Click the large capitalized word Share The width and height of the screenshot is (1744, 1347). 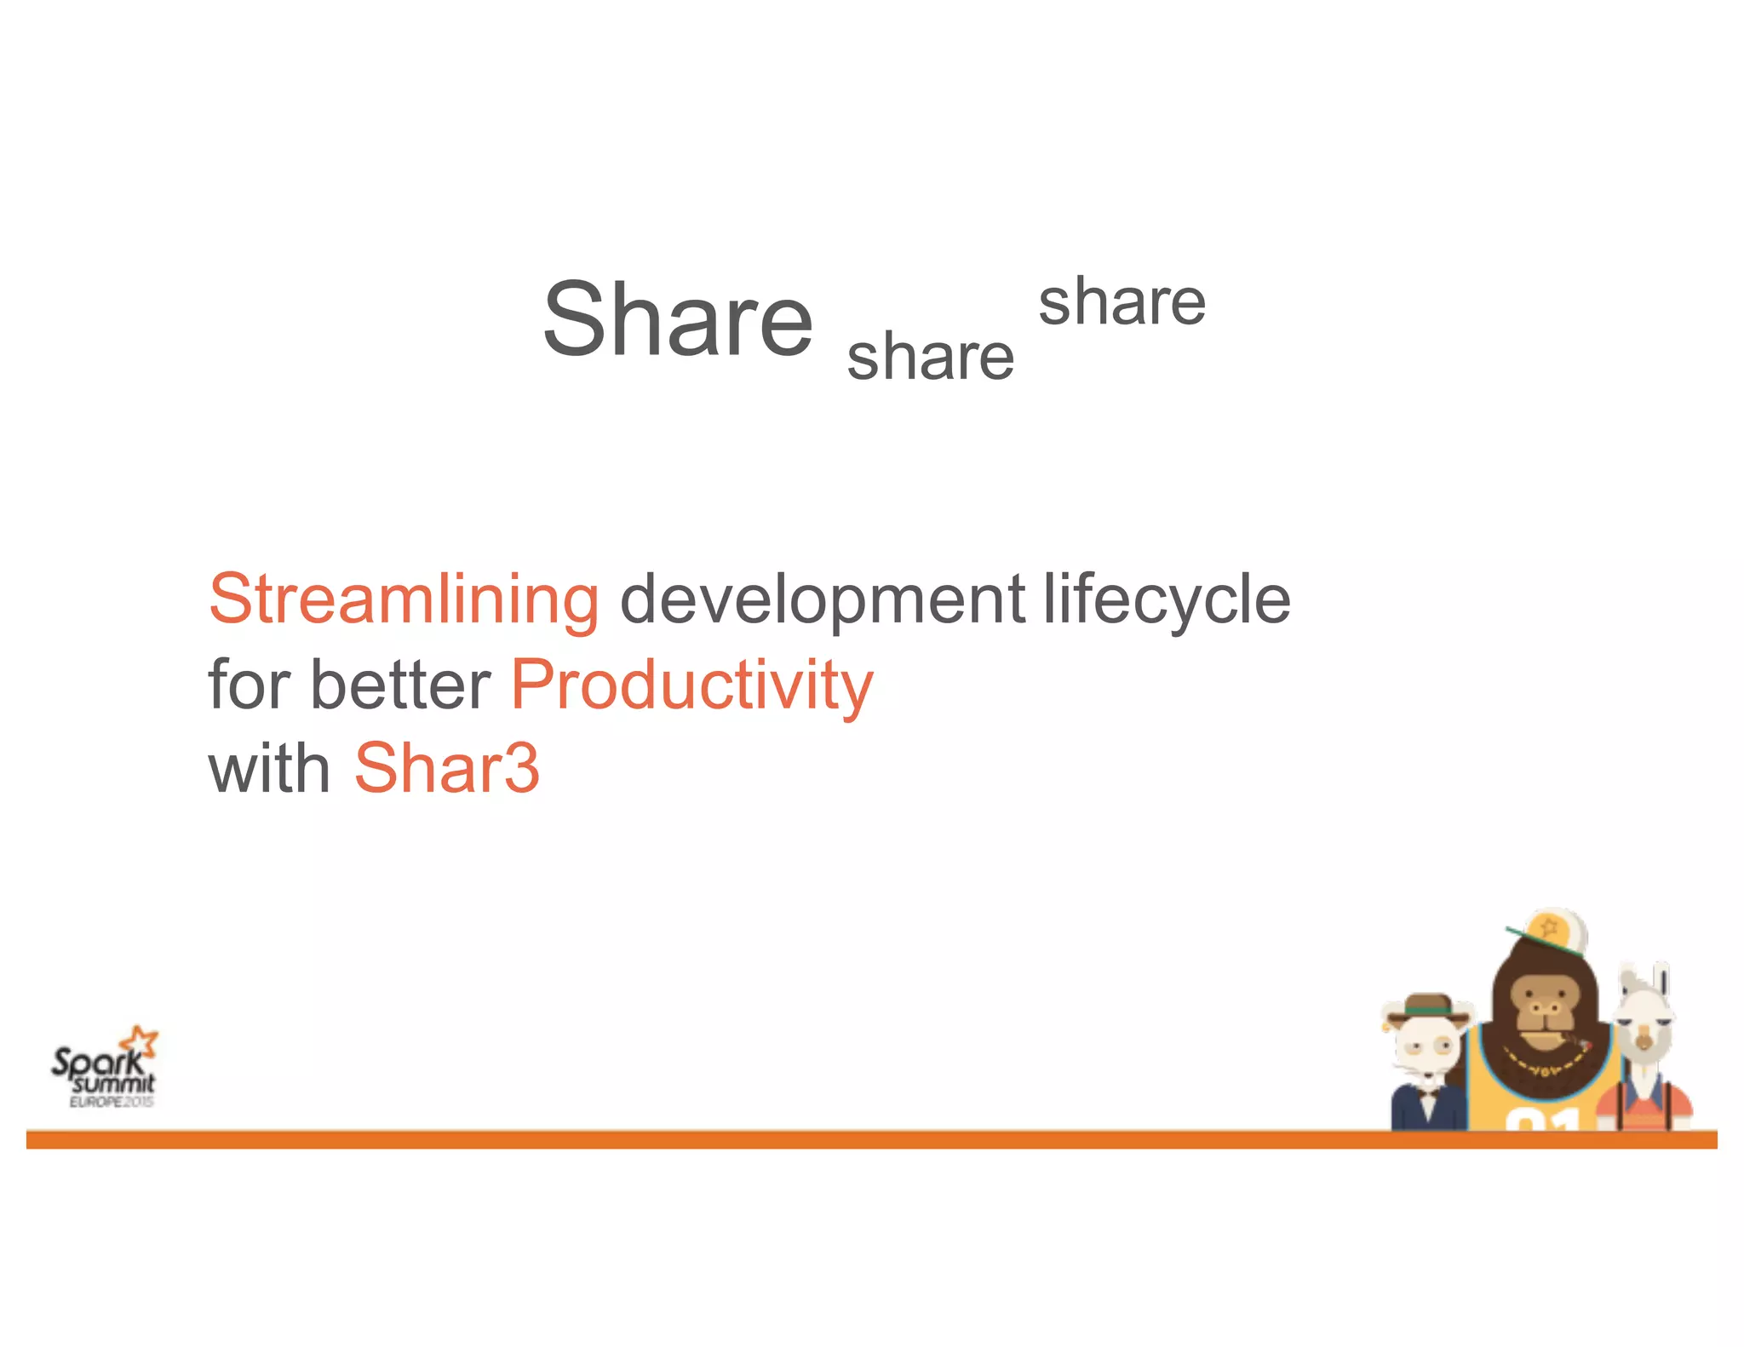pyautogui.click(x=678, y=319)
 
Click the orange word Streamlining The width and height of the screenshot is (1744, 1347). pyautogui.click(x=404, y=599)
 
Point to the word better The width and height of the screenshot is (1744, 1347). pyautogui.click(x=400, y=685)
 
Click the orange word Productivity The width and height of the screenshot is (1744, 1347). pyautogui.click(x=691, y=686)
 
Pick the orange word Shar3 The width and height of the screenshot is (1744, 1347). pyautogui.click(x=447, y=768)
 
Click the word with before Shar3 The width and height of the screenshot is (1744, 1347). pyautogui.click(x=269, y=768)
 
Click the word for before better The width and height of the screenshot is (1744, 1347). pyautogui.click(x=249, y=685)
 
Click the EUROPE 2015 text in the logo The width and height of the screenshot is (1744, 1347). pyautogui.click(x=112, y=1102)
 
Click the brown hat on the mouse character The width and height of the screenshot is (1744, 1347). pyautogui.click(x=1428, y=1006)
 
